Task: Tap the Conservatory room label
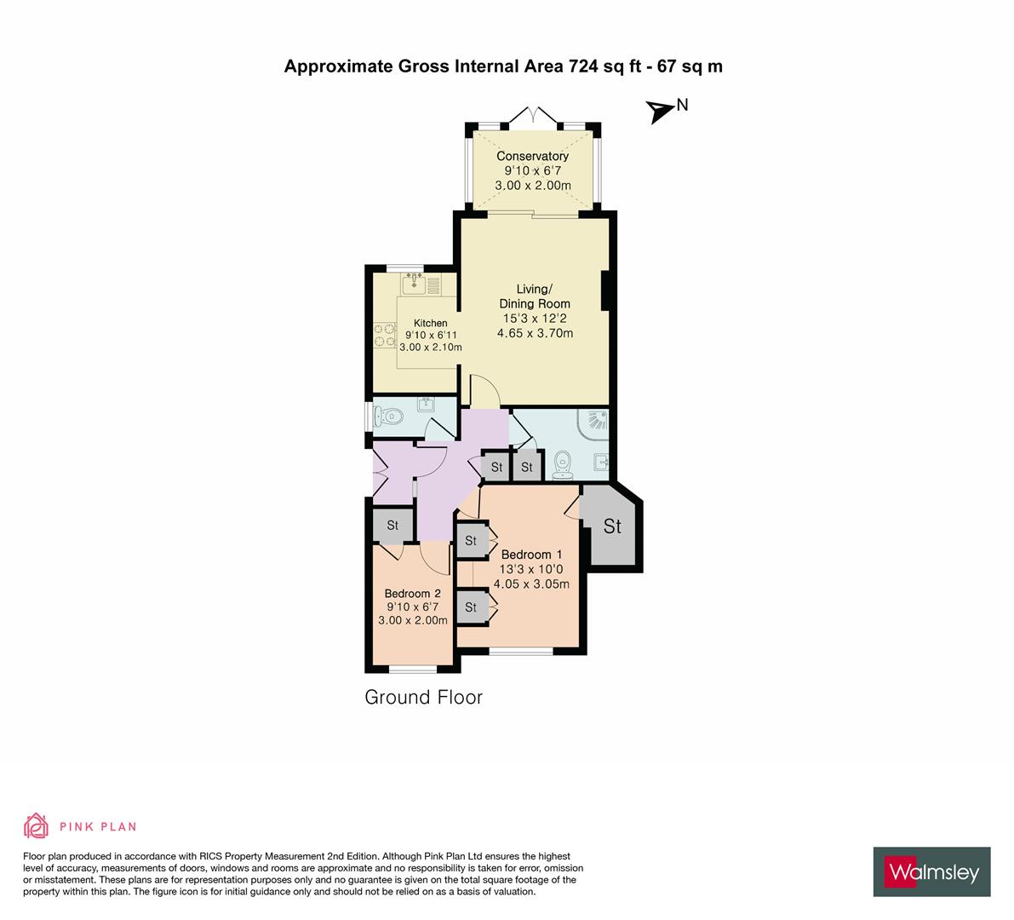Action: (532, 156)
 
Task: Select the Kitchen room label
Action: (430, 323)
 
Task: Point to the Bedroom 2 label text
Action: (412, 593)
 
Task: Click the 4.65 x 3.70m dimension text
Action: (535, 333)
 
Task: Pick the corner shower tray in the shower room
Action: (594, 421)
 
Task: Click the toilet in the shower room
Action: (562, 464)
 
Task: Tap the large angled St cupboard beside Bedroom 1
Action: (612, 527)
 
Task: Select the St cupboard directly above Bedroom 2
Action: (392, 526)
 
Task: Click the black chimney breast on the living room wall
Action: (607, 290)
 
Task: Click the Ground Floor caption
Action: (423, 698)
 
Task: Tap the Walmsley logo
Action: (931, 871)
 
